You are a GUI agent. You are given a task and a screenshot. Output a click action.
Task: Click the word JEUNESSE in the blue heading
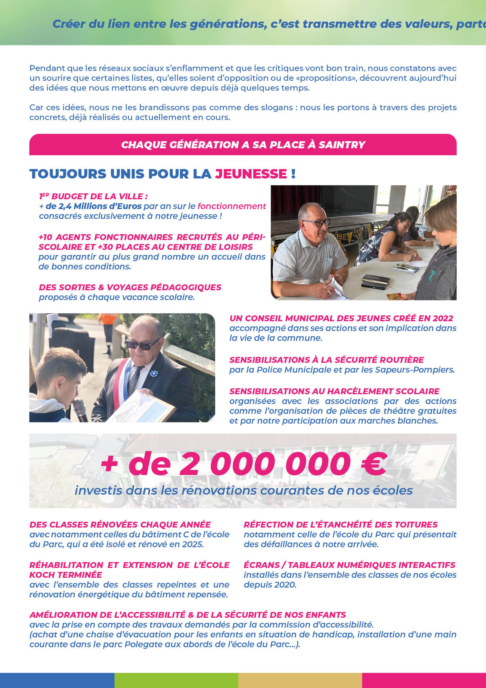click(x=251, y=174)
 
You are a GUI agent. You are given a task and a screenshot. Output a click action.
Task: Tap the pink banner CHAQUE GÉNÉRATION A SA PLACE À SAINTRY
click(x=243, y=145)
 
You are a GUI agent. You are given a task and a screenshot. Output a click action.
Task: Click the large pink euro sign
click(x=374, y=464)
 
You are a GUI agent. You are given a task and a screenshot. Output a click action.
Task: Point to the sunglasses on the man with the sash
click(x=143, y=344)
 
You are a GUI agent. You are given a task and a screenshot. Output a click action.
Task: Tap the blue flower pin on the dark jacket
click(x=153, y=373)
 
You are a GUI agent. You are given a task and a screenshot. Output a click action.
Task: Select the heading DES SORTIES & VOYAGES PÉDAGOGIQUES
click(x=130, y=287)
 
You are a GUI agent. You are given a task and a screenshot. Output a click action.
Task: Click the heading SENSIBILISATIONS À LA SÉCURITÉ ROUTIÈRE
click(x=326, y=360)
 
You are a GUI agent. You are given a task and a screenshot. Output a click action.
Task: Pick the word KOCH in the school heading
click(x=43, y=575)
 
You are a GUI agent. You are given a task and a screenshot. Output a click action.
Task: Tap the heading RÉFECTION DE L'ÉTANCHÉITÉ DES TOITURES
click(x=341, y=524)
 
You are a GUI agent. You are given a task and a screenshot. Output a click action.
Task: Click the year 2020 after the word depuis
click(x=285, y=584)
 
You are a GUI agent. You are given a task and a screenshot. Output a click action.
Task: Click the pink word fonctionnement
click(x=232, y=206)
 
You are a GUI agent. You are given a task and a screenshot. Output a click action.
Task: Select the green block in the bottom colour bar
click(x=176, y=681)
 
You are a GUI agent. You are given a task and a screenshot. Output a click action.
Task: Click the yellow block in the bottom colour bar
click(x=300, y=681)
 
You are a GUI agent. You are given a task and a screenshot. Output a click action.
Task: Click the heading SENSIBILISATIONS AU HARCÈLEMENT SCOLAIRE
click(x=334, y=391)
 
